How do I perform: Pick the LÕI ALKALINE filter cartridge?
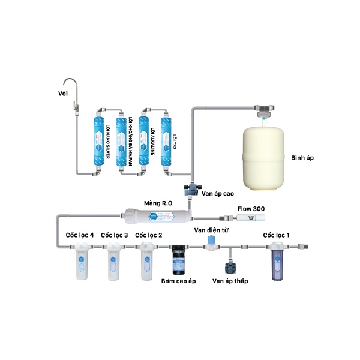tap(144, 139)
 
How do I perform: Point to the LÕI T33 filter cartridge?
tap(167, 139)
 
